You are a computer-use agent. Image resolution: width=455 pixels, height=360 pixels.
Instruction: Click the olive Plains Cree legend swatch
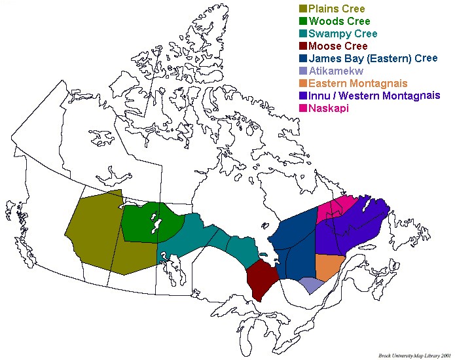(x=302, y=9)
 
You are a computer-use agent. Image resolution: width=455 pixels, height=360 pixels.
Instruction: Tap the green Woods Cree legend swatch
(x=302, y=22)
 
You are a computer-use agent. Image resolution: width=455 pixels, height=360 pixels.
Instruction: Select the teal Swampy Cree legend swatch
(x=302, y=34)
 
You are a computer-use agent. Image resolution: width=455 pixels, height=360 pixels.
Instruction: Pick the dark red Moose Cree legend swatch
(x=302, y=46)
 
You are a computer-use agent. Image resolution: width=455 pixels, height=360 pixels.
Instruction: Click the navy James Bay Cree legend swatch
(x=302, y=59)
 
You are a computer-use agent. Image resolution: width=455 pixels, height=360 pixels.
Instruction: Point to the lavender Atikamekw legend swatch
(x=302, y=71)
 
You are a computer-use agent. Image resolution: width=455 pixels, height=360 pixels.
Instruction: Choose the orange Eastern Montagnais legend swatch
(x=302, y=84)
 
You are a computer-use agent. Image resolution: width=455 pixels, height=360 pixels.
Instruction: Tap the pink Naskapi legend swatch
(x=302, y=108)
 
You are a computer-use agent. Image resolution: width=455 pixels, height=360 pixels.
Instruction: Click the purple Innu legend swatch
(x=302, y=96)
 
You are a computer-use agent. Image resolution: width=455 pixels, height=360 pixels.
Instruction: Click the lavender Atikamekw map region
(x=311, y=285)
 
